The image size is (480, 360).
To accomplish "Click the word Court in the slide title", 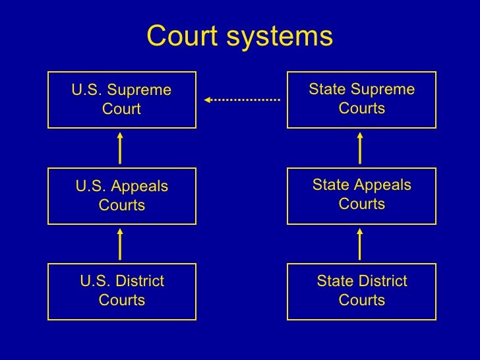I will tap(183, 37).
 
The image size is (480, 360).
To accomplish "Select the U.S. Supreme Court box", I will tap(122, 100).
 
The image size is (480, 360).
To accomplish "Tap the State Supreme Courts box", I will tap(361, 100).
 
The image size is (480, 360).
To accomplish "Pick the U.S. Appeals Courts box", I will tap(122, 196).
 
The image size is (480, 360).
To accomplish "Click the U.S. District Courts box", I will tap(122, 291).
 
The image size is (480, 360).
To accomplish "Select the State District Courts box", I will tap(361, 291).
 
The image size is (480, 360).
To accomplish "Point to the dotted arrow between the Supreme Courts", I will tap(243, 100).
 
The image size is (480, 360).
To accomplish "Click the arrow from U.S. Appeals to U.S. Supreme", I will tap(120, 148).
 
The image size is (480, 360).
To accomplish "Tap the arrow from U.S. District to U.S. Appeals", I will tap(120, 244).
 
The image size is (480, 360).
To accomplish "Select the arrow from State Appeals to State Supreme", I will tap(360, 148).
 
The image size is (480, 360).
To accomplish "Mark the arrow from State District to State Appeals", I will tap(360, 244).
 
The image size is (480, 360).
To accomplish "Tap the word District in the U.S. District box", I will tap(139, 282).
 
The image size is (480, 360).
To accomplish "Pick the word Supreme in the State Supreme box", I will tap(384, 89).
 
